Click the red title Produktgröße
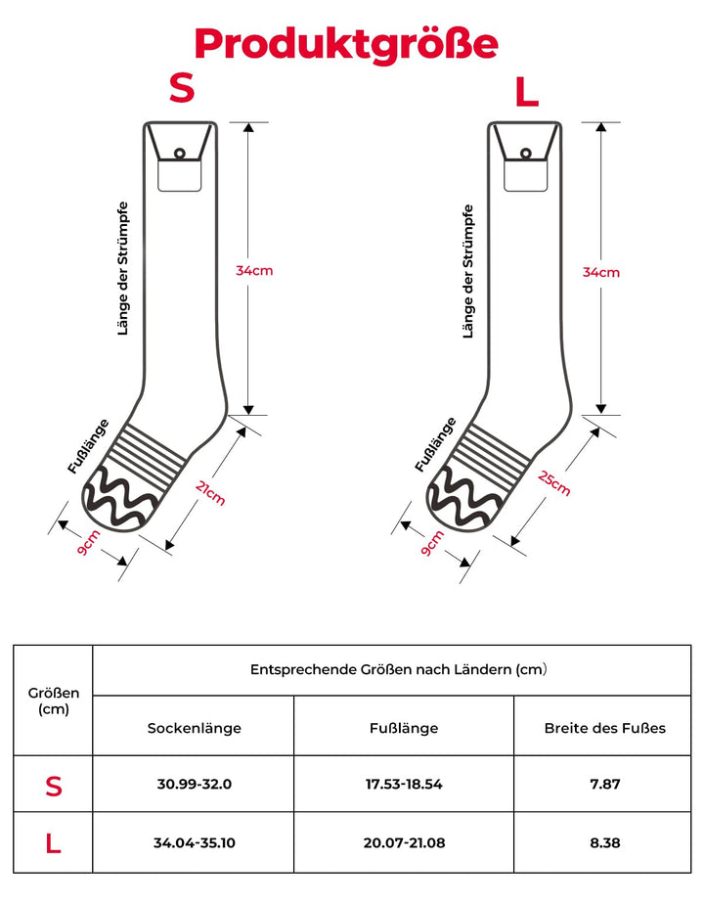coord(346,44)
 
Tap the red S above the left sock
coord(182,88)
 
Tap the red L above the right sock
coord(527,93)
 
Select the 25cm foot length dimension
coord(554,481)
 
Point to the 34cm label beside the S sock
coord(254,270)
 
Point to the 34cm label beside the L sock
coord(601,272)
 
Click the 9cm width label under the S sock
coord(89,543)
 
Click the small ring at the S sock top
coord(179,153)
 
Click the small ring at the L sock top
coord(525,153)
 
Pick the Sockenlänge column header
coord(195,728)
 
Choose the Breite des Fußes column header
coord(605,728)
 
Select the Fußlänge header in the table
coord(404,728)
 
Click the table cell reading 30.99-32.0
coord(195,785)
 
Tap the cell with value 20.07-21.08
coord(404,842)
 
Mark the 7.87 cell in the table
coord(605,785)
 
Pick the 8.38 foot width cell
coord(605,842)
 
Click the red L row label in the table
coord(54,842)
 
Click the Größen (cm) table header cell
coord(54,701)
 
